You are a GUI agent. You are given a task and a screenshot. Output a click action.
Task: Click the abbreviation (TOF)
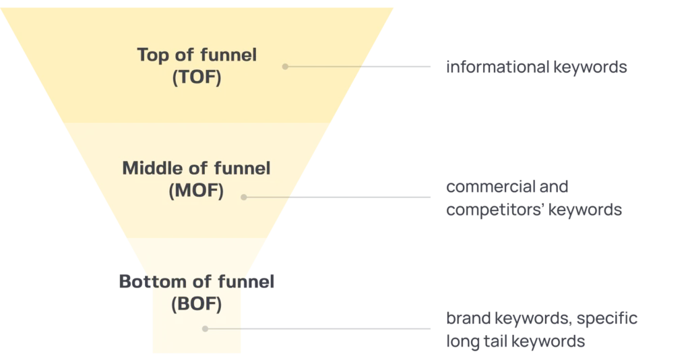[196, 76]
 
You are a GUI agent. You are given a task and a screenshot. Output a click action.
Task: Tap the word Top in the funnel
[153, 55]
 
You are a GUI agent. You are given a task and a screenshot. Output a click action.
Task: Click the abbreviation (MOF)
[196, 190]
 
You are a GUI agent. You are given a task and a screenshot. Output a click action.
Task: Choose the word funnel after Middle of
[241, 168]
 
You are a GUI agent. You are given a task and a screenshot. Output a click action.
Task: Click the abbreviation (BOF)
[196, 304]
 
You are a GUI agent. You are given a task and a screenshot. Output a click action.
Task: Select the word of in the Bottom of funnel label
[196, 282]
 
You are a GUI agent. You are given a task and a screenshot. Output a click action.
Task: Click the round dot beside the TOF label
[285, 67]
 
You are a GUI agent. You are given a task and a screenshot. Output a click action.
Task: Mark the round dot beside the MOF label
[244, 198]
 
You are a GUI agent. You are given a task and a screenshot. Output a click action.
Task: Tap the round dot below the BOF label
[205, 329]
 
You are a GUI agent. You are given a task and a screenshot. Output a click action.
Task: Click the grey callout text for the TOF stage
[536, 67]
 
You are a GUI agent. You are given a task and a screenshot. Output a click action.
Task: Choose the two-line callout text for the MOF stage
[532, 197]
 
